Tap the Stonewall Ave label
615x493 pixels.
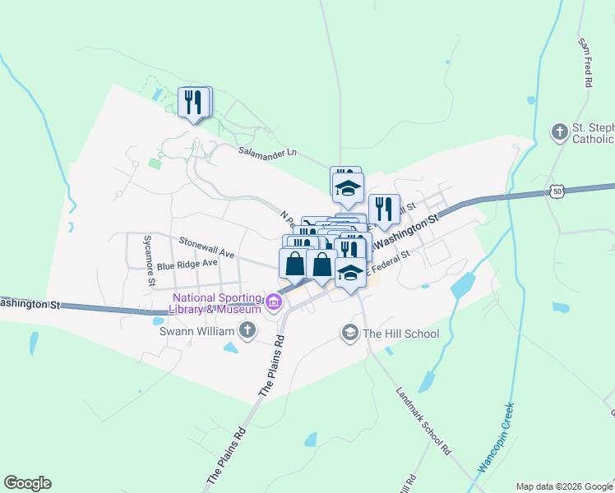tap(206, 249)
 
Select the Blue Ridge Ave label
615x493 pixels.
tap(187, 264)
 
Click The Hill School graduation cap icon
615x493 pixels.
tap(350, 333)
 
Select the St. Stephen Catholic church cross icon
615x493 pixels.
tap(559, 132)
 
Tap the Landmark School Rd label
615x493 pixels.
tap(423, 422)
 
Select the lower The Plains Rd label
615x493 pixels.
tap(226, 456)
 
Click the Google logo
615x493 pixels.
tap(27, 483)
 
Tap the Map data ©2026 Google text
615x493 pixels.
tap(563, 486)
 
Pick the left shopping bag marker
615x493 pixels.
tap(294, 264)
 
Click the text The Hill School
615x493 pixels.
tap(401, 334)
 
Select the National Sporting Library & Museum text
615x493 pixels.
tap(217, 303)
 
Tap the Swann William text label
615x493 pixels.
tap(203, 331)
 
